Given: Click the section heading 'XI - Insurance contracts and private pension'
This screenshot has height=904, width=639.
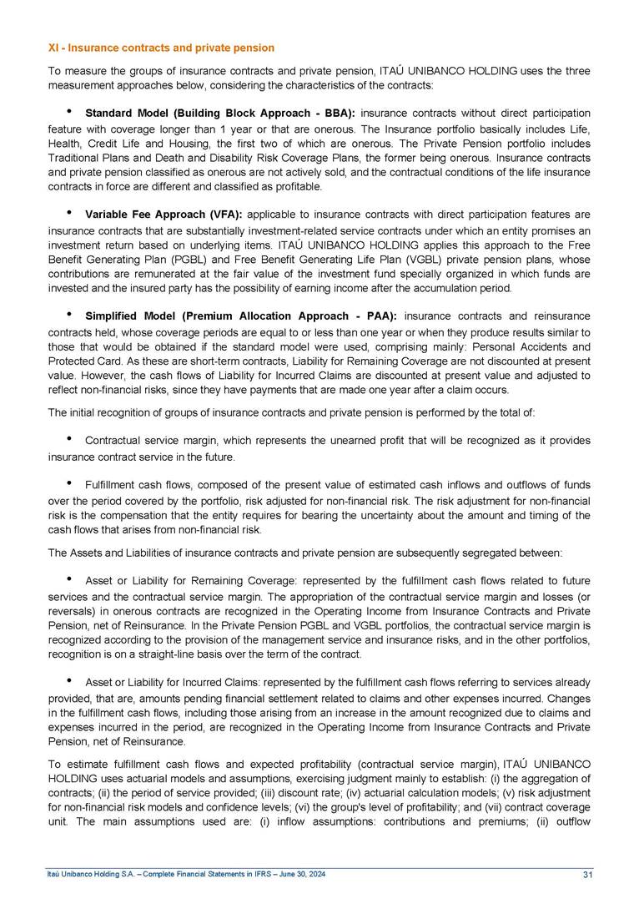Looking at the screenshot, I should tap(161, 48).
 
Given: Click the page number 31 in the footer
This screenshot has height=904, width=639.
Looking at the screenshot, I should tap(587, 874).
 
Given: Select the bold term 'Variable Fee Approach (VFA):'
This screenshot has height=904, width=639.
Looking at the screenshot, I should tap(164, 215).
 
